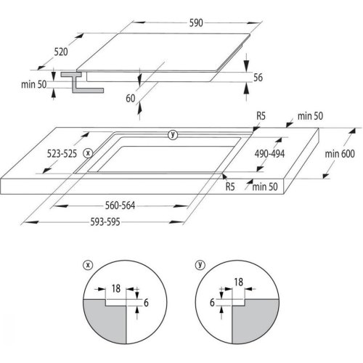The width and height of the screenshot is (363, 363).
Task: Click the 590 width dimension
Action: tap(196, 23)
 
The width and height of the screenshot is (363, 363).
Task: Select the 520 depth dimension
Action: tap(61, 52)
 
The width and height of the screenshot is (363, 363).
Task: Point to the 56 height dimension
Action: tap(258, 78)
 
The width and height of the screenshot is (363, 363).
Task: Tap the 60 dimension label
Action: tap(131, 99)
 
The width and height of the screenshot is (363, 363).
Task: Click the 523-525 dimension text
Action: tap(62, 154)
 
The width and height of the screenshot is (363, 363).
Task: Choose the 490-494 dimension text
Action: tap(269, 154)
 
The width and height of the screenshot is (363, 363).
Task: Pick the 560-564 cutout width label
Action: tap(120, 205)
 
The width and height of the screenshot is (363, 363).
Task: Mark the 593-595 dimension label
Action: tap(105, 222)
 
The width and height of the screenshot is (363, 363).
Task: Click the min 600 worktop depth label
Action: tap(340, 154)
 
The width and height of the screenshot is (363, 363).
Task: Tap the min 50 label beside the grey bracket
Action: tap(34, 84)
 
